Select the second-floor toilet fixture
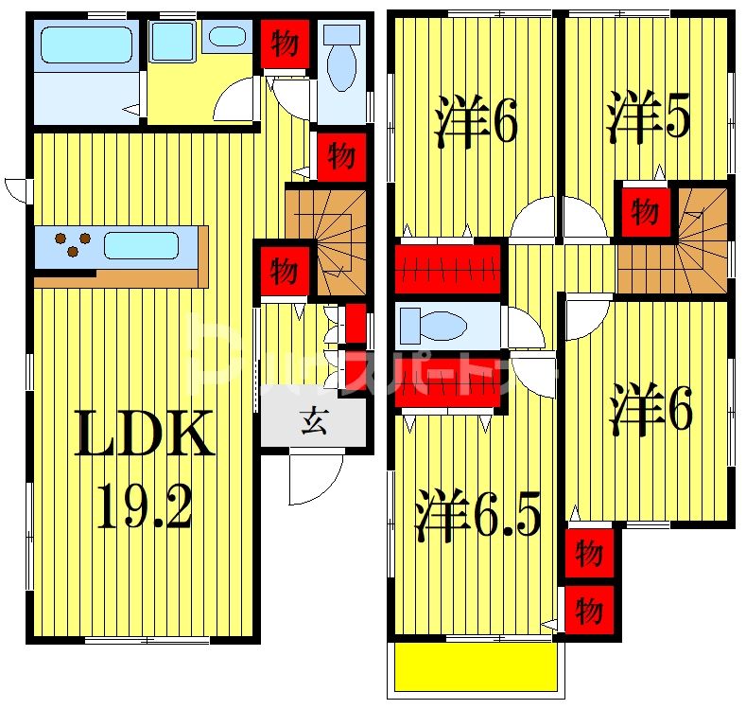431,327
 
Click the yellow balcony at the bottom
475,666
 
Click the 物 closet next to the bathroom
284,44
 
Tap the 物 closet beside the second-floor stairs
645,211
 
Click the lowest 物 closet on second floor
588,609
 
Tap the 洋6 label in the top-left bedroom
477,123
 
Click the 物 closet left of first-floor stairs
283,272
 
